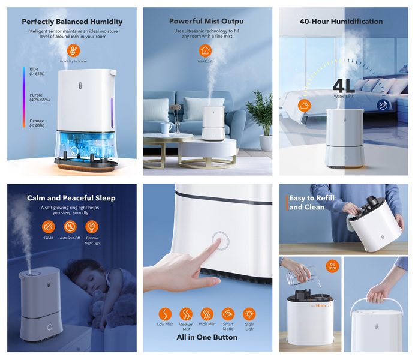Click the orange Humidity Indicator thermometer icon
[x=73, y=50]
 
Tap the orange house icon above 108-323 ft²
[x=205, y=50]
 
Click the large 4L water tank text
[x=344, y=86]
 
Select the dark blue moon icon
[x=383, y=106]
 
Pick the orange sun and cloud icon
[x=305, y=106]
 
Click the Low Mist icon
[x=165, y=314]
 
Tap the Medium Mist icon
[x=186, y=314]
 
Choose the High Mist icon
[x=207, y=314]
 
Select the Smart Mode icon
[x=228, y=314]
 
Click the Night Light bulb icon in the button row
[x=249, y=314]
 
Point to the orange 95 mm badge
[x=332, y=266]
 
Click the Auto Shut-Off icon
[x=70, y=227]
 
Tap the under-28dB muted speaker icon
[x=48, y=227]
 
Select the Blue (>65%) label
[x=37, y=71]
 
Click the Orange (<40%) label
[x=37, y=123]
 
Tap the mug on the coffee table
[x=166, y=128]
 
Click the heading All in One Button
[x=207, y=337]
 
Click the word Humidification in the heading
[x=357, y=22]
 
